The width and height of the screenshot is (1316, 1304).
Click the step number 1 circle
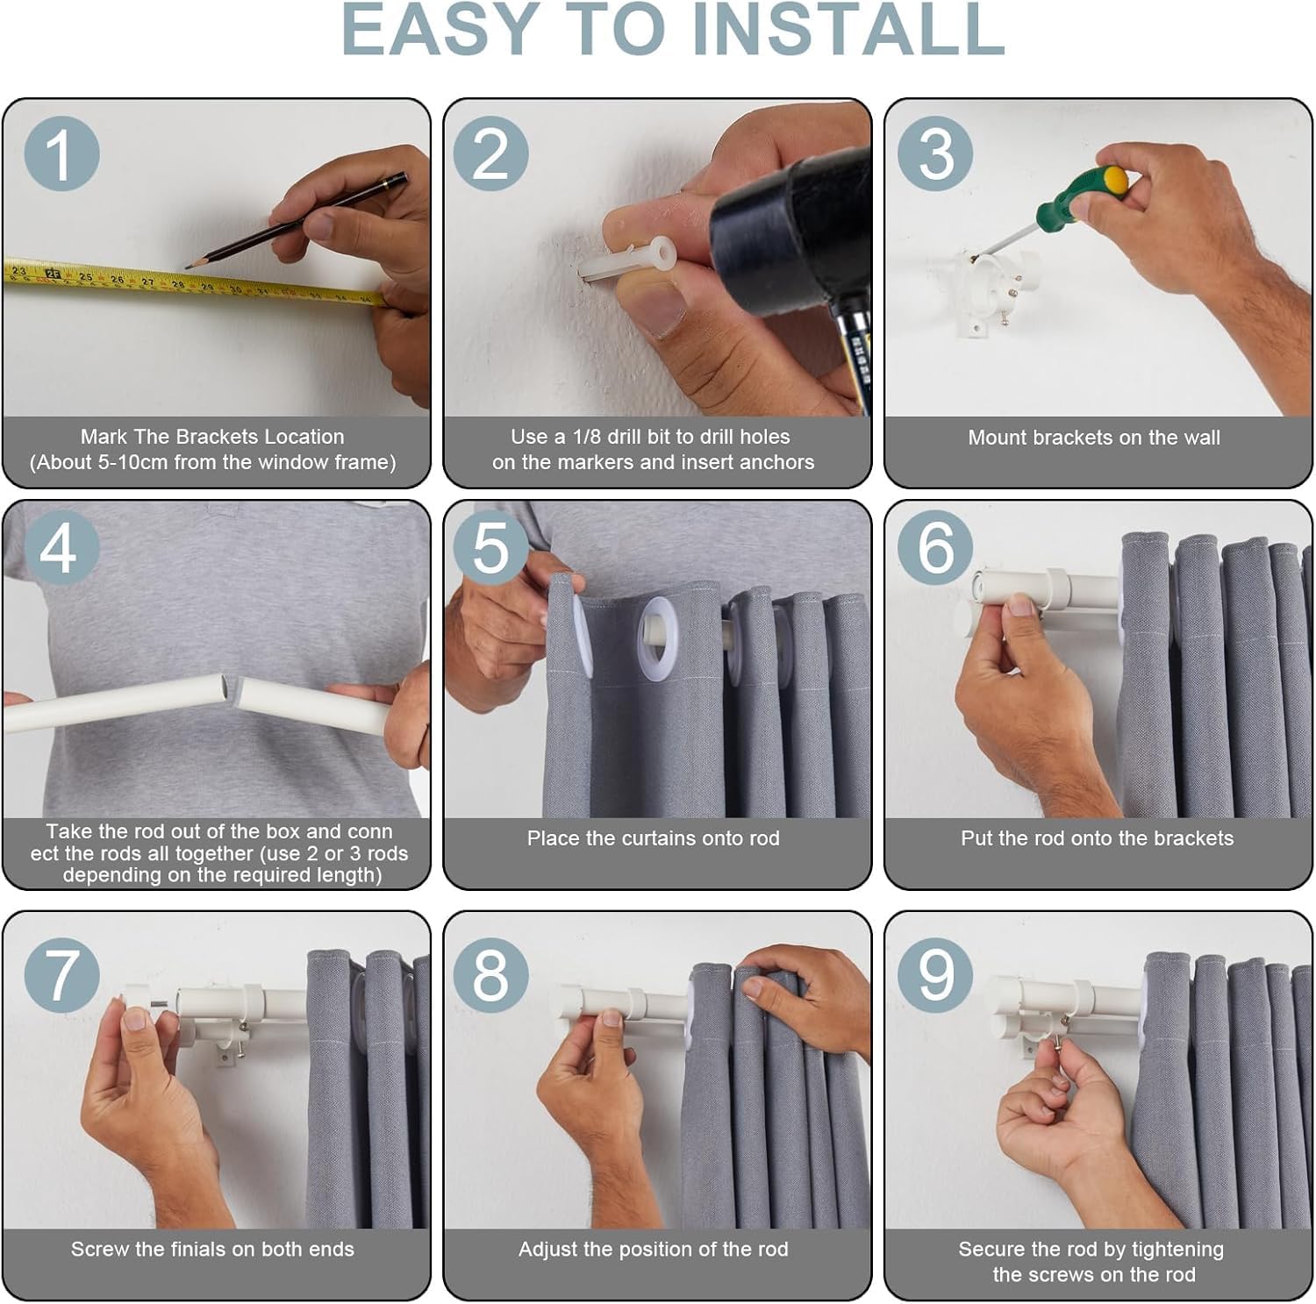61,154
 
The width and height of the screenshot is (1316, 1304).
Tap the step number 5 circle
491,548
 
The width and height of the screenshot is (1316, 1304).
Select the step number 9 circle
935,974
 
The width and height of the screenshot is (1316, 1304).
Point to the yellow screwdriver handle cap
1115,180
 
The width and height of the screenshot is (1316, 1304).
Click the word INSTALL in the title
848,31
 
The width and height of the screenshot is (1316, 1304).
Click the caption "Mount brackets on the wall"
1094,438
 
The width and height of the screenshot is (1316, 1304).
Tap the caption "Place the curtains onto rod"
654,838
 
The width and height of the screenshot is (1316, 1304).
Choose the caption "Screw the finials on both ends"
212,1250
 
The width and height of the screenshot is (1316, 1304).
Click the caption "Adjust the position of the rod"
654,1250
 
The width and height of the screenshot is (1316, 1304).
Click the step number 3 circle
935,154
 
